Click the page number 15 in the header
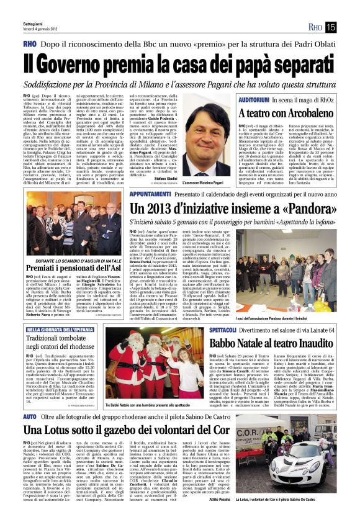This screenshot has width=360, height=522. pos(348,27)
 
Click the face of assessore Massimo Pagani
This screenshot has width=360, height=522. pos(210,132)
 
